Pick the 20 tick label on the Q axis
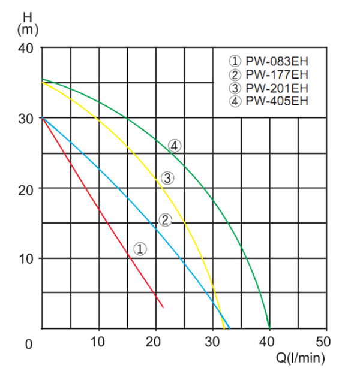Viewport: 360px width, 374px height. tap(155, 343)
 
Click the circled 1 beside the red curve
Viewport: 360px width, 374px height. tap(139, 248)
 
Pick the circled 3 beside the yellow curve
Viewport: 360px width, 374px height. tap(167, 177)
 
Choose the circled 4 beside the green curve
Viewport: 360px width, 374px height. tap(175, 145)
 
